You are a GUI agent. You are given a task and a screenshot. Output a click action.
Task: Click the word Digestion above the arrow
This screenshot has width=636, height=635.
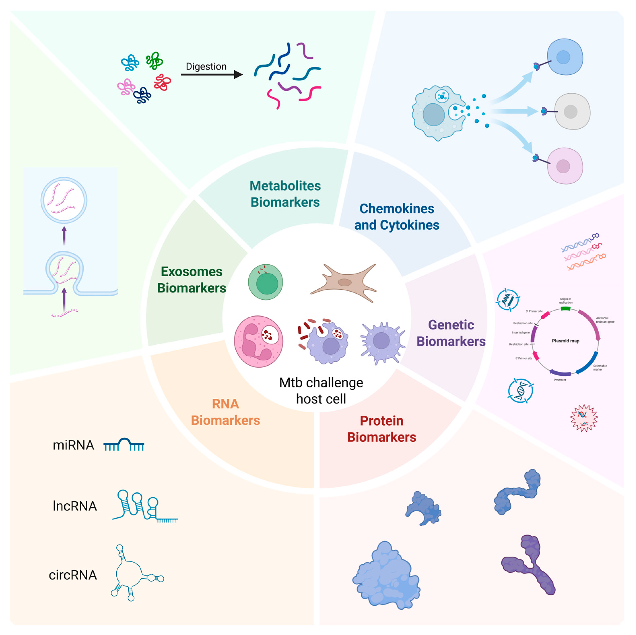coord(206,67)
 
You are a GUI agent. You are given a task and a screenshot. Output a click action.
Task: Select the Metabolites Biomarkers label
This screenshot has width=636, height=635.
coord(285,194)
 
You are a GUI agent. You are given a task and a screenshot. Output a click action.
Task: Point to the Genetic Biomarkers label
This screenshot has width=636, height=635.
coord(451,333)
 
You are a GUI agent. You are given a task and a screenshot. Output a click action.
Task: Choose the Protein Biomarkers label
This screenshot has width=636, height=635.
coord(382,429)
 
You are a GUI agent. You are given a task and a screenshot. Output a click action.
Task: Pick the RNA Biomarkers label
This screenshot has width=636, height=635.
coord(225,412)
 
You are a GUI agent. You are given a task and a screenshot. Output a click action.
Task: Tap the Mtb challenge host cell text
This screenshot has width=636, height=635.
coord(321,391)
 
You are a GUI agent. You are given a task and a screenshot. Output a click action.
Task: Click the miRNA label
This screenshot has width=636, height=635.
coord(73,445)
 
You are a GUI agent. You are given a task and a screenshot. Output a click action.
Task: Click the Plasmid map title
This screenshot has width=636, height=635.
coord(565,341)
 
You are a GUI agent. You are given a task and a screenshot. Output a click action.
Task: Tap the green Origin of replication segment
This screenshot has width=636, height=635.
coord(565,308)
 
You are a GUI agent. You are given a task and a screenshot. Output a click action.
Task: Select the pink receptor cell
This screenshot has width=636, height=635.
coord(565,166)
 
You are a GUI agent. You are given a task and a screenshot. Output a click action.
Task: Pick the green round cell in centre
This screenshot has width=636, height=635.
coord(265,282)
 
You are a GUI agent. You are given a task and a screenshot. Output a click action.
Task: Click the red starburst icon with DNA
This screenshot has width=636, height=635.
coord(584,418)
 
